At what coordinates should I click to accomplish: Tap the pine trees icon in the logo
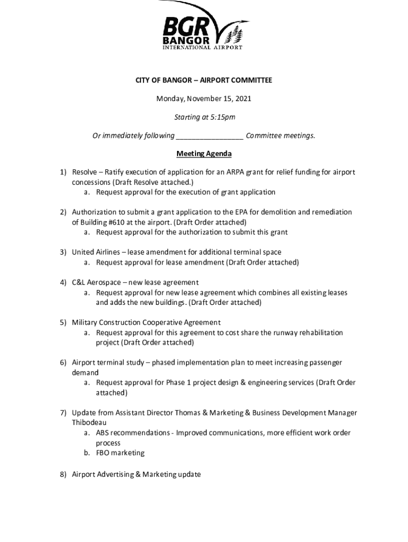(235, 35)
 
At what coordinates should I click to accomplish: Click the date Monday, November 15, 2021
(203, 98)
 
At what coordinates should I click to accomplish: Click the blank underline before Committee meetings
(209, 136)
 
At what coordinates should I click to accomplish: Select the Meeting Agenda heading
(204, 154)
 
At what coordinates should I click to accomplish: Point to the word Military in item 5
(85, 322)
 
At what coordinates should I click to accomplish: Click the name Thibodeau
(90, 423)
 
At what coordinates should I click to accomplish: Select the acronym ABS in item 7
(103, 433)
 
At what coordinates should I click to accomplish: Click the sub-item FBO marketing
(120, 453)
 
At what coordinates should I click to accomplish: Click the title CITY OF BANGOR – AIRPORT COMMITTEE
(203, 80)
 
